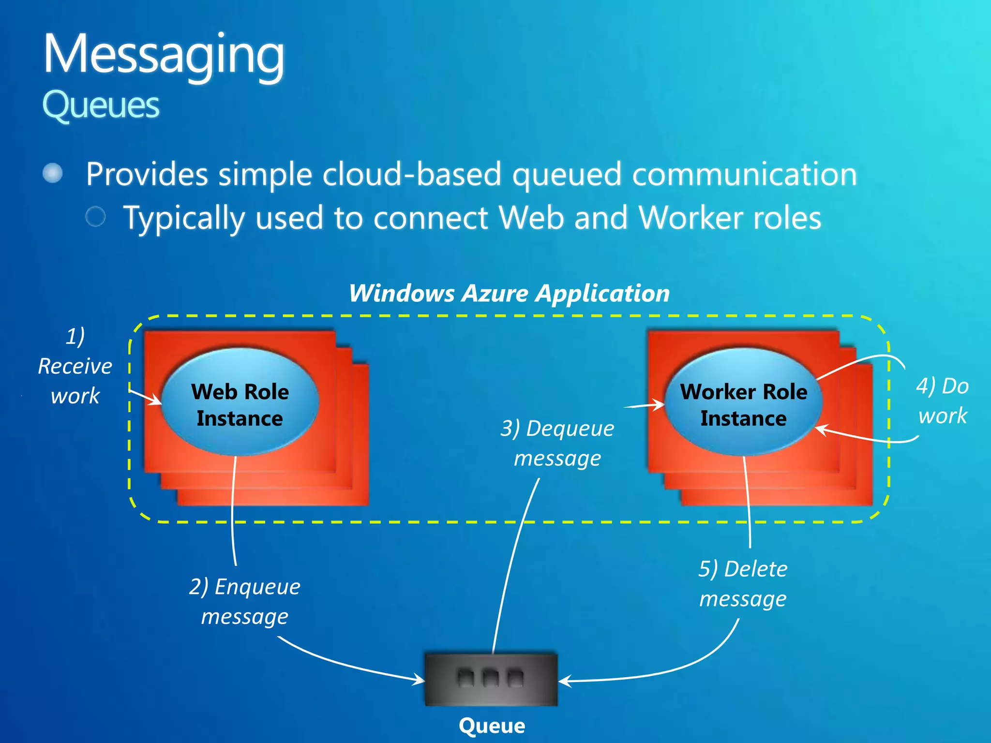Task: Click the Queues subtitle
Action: (x=101, y=105)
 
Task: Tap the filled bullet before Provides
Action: (x=53, y=173)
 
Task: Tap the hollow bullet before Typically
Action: (x=95, y=216)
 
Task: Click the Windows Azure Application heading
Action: (x=509, y=293)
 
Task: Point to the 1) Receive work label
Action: (x=75, y=366)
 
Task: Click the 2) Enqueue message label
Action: (x=245, y=601)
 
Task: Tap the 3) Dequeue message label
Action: (x=557, y=443)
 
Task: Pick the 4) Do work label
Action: (x=942, y=401)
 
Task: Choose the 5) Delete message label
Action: (x=743, y=583)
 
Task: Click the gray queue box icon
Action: (x=491, y=680)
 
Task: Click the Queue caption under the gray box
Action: (x=492, y=726)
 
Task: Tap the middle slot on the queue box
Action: (x=491, y=678)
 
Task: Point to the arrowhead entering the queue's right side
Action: (x=564, y=681)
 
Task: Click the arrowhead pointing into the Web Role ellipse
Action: (x=157, y=401)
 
